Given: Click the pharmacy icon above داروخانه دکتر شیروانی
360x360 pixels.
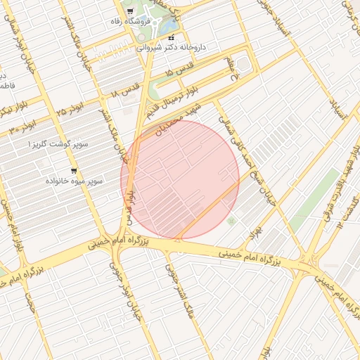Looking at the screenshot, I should (172, 37).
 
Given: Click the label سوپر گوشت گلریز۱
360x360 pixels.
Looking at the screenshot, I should (58, 144).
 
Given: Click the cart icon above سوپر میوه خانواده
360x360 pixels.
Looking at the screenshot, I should (75, 171).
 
